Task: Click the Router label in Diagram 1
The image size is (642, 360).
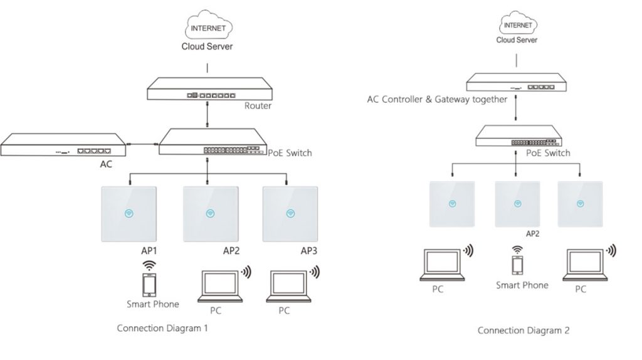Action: [x=258, y=106]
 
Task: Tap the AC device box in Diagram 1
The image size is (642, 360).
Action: [x=63, y=147]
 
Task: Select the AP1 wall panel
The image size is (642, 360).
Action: [x=129, y=213]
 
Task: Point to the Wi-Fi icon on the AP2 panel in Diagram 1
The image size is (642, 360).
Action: [x=209, y=213]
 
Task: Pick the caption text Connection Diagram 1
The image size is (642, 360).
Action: [x=162, y=328]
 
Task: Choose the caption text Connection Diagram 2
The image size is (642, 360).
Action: [x=524, y=330]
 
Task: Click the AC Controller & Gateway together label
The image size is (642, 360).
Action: [x=437, y=99]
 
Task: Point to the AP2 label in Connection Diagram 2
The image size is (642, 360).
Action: [x=533, y=233]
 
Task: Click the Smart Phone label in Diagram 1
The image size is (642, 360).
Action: [x=152, y=304]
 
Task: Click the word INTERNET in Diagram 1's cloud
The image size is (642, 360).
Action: [x=207, y=28]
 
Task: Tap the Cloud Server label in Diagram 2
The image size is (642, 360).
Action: [x=517, y=40]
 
